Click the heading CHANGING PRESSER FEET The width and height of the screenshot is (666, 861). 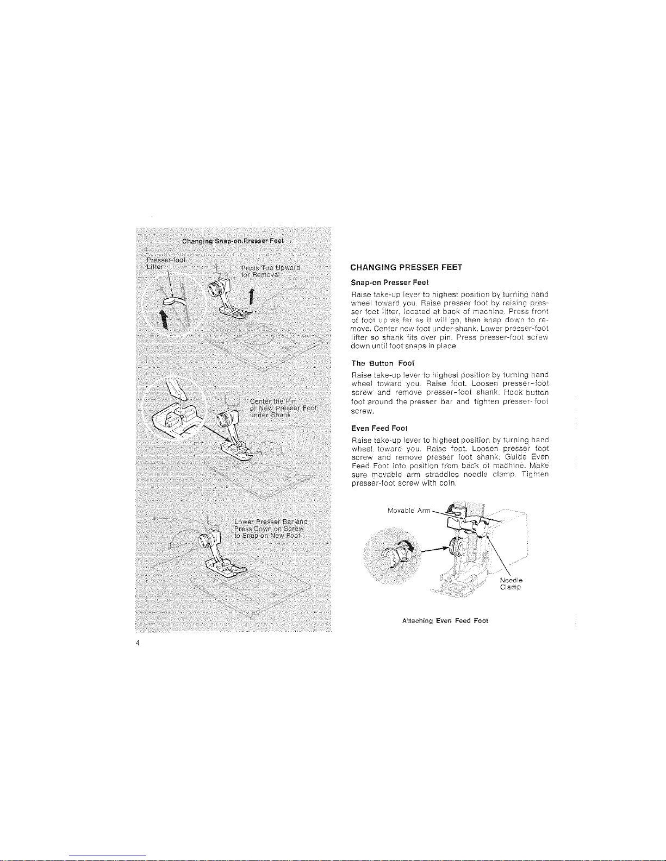coord(406,267)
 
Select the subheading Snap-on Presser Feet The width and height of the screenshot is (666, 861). coord(390,282)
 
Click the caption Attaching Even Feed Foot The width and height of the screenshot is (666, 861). coord(445,620)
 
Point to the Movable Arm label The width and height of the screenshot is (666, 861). coord(409,510)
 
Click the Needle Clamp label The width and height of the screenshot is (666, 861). coord(511,583)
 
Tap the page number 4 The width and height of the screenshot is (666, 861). coord(138,643)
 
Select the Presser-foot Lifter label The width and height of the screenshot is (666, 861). coord(163,263)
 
